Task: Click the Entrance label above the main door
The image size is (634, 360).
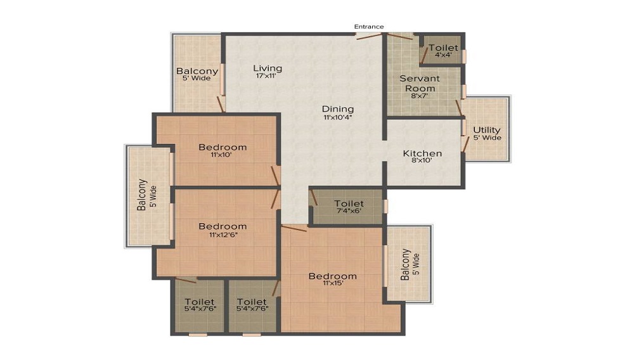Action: [369, 27]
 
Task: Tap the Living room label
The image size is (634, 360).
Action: [268, 68]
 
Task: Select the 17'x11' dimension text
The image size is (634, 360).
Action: [266, 75]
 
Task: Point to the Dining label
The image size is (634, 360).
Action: [338, 109]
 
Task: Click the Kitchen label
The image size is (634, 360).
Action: [422, 153]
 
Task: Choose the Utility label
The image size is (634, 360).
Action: [486, 130]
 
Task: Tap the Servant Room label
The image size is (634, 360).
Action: [420, 83]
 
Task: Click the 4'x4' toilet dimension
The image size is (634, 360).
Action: [443, 55]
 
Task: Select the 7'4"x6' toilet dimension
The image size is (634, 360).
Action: [349, 211]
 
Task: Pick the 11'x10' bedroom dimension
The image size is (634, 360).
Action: [221, 155]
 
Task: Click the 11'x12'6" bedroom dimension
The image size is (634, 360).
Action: [223, 235]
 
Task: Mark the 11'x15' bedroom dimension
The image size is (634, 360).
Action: [333, 283]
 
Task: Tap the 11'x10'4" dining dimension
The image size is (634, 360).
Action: [338, 118]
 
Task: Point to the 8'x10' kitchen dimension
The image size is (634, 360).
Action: [422, 160]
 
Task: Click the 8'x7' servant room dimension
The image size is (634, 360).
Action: [420, 96]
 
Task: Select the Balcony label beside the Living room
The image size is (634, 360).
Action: [197, 71]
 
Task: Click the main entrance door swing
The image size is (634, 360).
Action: [369, 36]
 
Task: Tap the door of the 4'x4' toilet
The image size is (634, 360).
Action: [424, 56]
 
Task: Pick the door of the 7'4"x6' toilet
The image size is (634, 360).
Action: [313, 196]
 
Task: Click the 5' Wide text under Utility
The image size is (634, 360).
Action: [487, 138]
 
